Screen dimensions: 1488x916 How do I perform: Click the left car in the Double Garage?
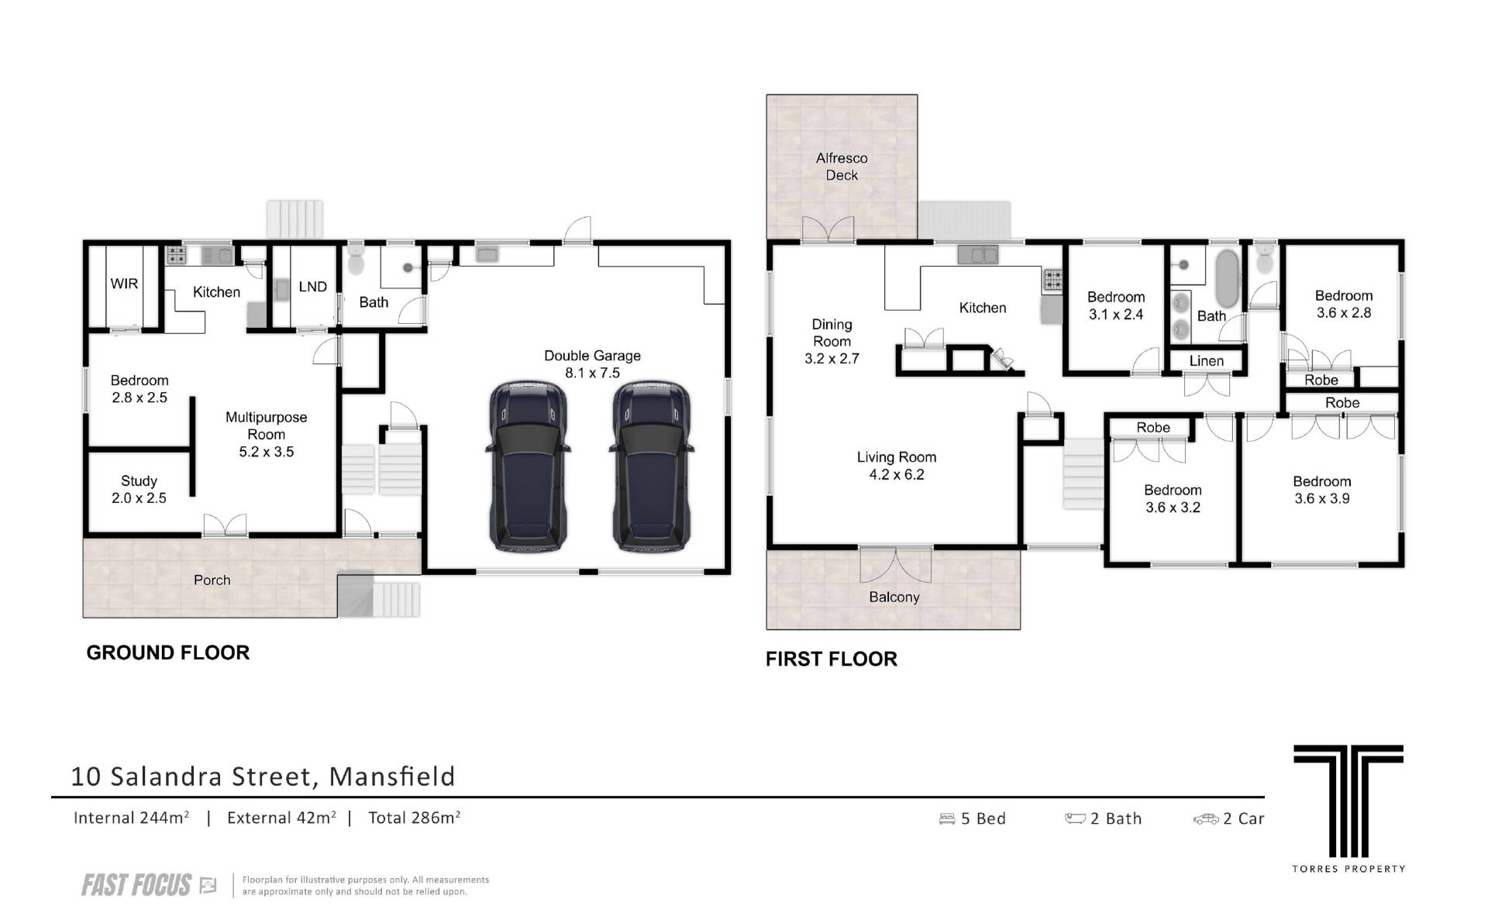tap(528, 467)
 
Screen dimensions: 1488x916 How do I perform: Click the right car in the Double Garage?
tap(651, 467)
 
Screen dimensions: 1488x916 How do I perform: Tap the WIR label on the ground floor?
tap(124, 284)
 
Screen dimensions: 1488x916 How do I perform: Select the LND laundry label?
tap(312, 287)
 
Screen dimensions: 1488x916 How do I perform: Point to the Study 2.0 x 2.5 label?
tap(139, 490)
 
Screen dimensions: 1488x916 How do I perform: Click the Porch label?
tap(212, 580)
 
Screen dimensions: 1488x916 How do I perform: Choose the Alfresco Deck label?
tap(842, 167)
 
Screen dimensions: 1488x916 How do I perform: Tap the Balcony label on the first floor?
tap(894, 597)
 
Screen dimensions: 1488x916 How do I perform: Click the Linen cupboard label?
tap(1207, 361)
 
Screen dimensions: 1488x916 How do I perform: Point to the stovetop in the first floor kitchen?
tap(1052, 281)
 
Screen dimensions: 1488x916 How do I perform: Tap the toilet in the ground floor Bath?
tap(356, 260)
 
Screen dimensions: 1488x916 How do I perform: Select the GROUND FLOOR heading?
tap(168, 653)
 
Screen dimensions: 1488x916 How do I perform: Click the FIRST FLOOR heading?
tap(832, 659)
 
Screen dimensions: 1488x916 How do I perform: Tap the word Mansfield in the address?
tap(392, 777)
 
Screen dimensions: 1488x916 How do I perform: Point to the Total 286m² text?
tap(415, 818)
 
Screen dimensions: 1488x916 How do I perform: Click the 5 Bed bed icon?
tap(946, 819)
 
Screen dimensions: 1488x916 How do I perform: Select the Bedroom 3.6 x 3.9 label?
tap(1322, 490)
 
